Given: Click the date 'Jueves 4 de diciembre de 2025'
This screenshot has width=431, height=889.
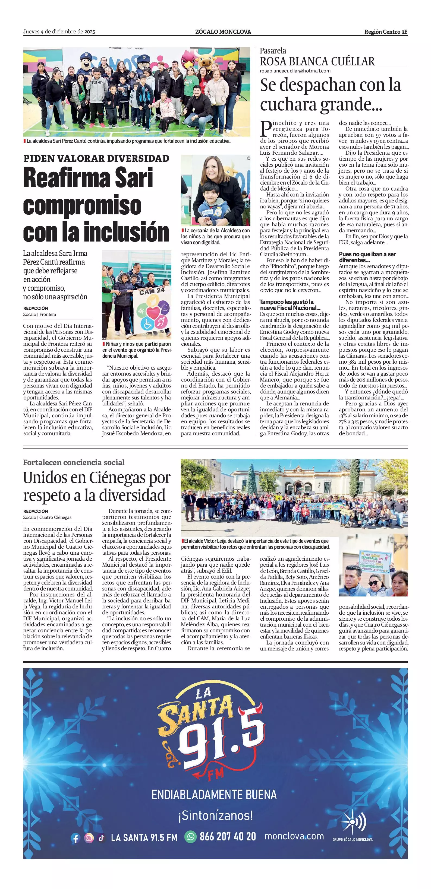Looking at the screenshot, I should pos(59,32).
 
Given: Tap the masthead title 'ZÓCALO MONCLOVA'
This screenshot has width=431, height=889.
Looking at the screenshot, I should pos(223,32).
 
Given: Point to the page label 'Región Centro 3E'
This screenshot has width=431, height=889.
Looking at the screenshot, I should pos(386,32).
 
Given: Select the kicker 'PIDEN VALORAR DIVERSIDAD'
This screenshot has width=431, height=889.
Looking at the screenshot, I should pos(96,158).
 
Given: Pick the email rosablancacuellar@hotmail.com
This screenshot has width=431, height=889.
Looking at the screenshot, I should pos(295,71).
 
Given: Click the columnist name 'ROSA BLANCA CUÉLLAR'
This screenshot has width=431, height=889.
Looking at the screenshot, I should pos(317,61).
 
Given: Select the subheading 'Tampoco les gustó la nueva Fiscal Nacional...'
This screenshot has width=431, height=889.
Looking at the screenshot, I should pos(290,305).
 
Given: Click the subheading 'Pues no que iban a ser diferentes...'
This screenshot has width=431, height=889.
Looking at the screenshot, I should pos(367,257).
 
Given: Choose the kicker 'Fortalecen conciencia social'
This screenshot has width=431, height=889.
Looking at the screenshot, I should pos(74,462).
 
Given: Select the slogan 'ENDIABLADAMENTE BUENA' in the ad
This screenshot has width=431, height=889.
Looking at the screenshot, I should pos(214,795).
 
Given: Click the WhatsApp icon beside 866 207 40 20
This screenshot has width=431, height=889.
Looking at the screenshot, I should pos(190,837).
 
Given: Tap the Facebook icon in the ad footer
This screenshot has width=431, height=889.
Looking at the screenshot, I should pos(75,838).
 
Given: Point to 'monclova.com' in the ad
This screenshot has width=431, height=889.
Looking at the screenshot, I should pos(294,836).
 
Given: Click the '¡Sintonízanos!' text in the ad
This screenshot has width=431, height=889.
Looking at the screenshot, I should pos(216,815).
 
